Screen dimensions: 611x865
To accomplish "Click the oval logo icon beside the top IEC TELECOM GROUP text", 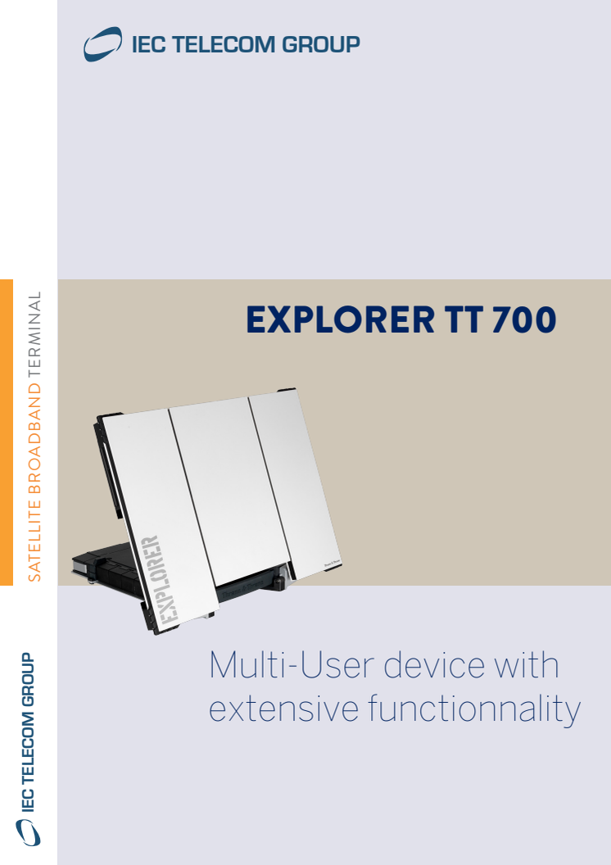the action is tap(102, 44).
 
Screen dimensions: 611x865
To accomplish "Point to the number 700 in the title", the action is tap(524, 319).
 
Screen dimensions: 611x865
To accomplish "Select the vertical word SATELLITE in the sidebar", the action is tap(34, 541).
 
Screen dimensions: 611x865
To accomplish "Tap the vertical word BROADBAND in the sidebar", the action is tap(34, 439).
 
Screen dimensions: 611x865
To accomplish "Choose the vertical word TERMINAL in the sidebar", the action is tap(34, 335).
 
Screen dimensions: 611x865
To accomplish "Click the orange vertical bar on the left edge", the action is tap(6, 432).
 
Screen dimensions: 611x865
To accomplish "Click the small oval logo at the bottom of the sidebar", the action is tap(28, 832).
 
